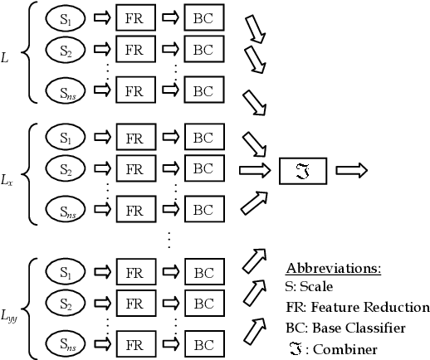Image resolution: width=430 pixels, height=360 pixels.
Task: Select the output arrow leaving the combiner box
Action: pyautogui.click(x=351, y=170)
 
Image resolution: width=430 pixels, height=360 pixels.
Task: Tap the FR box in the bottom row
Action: pyautogui.click(x=136, y=342)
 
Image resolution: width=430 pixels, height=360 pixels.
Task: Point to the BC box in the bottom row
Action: pyautogui.click(x=203, y=342)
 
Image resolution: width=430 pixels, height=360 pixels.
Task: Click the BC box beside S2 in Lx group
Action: pyautogui.click(x=203, y=169)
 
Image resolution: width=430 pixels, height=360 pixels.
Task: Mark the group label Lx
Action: pyautogui.click(x=7, y=179)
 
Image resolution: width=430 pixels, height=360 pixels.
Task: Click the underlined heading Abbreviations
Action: pyautogui.click(x=333, y=270)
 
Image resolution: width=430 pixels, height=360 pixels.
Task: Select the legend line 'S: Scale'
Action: pyautogui.click(x=309, y=287)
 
